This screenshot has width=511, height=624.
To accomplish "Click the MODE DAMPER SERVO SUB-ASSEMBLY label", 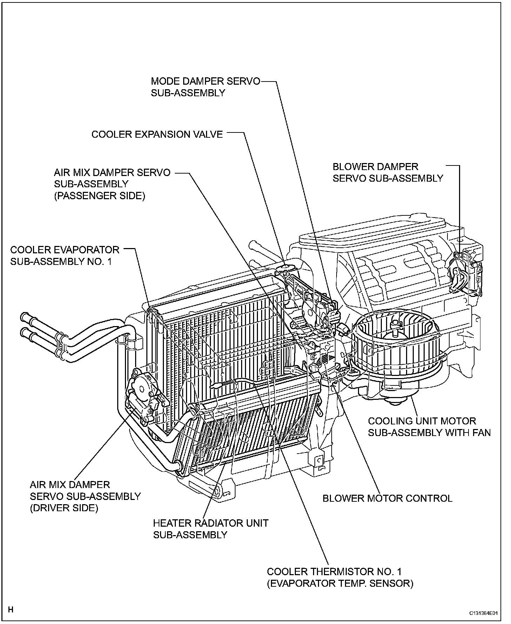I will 205,87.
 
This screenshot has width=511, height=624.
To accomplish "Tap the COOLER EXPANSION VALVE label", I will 157,135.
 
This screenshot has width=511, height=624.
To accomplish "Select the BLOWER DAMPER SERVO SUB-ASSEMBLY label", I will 388,172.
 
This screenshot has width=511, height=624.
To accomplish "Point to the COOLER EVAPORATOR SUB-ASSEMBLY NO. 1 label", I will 65,255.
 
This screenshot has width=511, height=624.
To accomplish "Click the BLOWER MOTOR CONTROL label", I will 387,498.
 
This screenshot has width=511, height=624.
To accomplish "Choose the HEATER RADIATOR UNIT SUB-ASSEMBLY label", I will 211,529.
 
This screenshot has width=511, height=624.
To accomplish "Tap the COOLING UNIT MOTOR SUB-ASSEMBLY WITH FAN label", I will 429,427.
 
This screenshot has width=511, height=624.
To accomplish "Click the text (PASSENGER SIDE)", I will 99,196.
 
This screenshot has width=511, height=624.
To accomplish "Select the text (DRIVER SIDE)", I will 64,508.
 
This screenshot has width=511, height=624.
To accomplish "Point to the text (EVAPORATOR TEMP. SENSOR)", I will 340,584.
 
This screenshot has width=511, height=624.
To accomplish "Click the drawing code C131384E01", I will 484,613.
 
